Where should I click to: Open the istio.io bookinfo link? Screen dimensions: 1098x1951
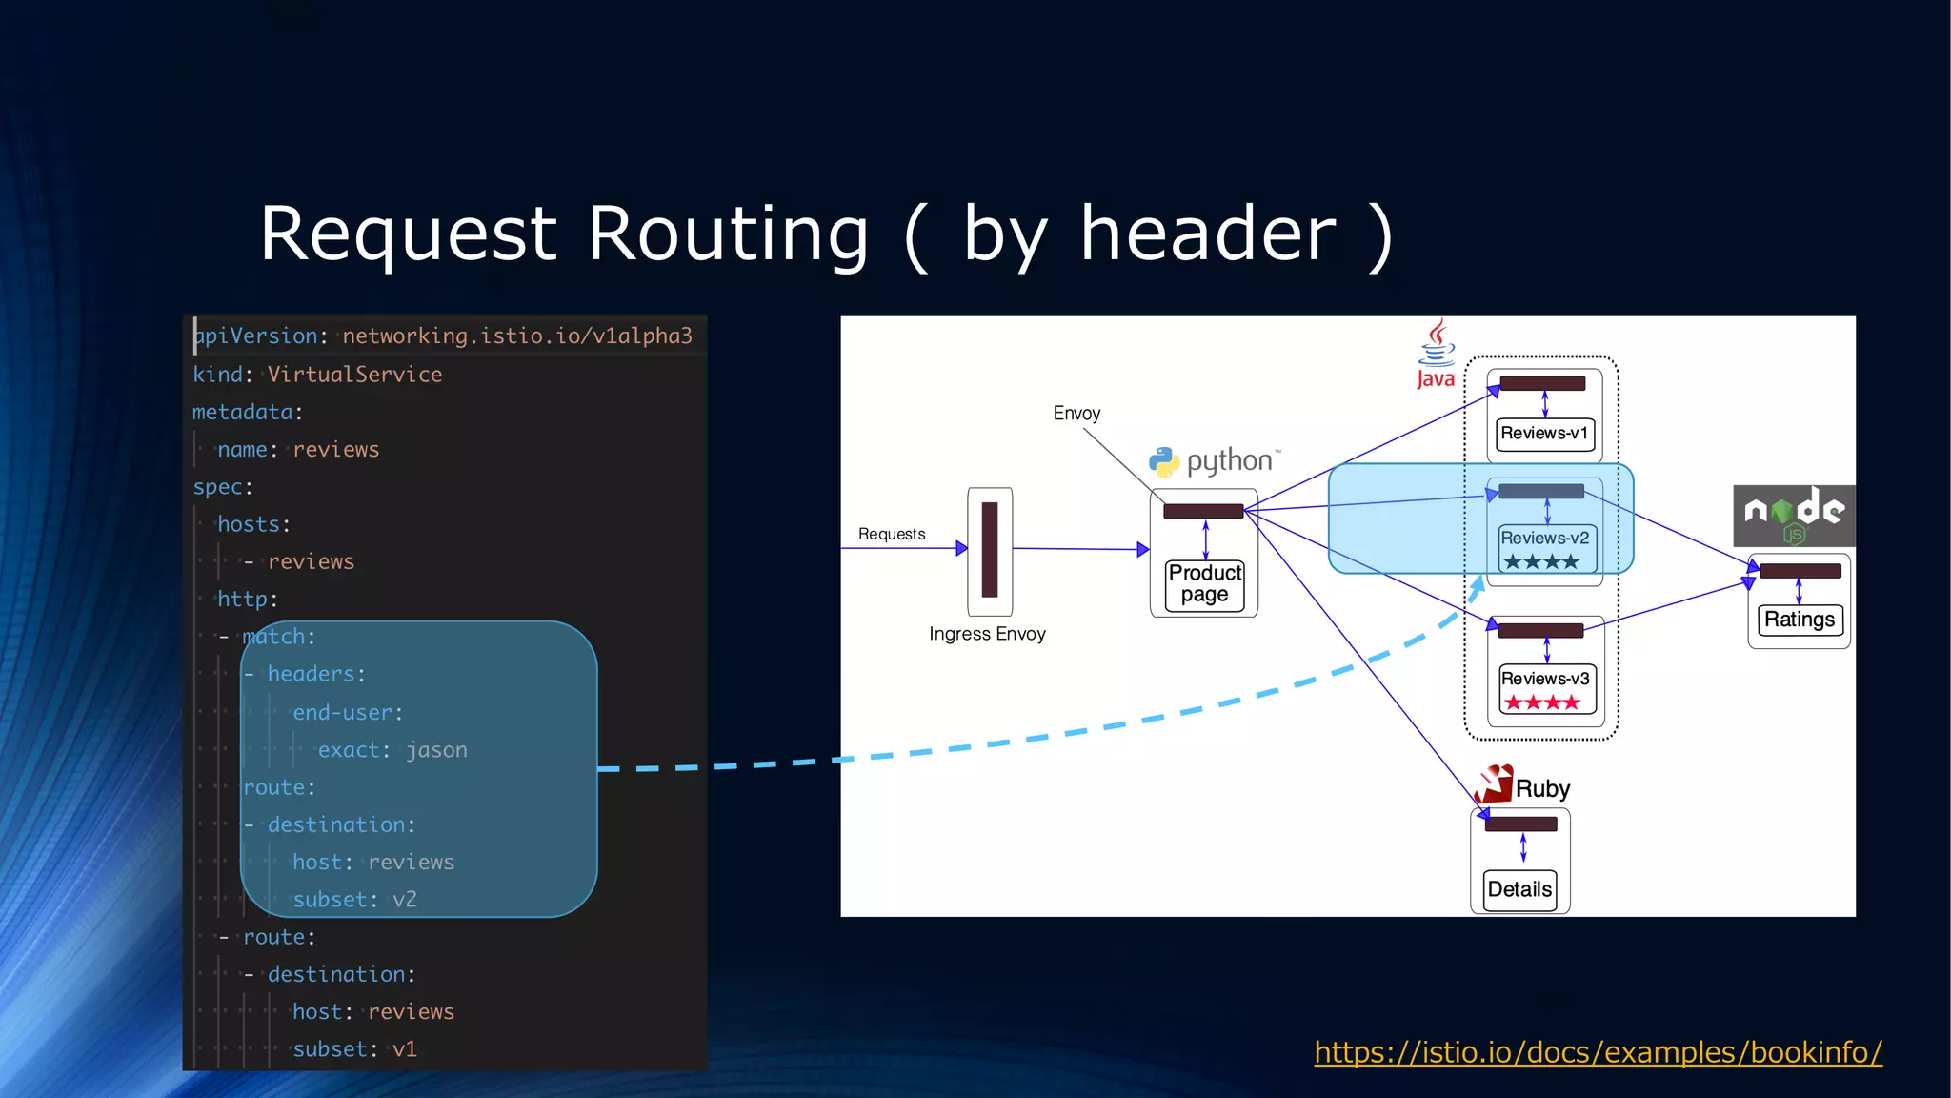[x=1598, y=1052]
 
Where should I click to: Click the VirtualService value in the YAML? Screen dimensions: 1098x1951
[x=354, y=375]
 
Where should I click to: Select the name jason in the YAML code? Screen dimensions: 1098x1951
[x=436, y=750]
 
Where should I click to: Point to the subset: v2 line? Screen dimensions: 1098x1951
[x=354, y=900]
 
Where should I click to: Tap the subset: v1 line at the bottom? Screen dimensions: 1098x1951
[x=354, y=1049]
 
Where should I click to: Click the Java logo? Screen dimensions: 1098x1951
[x=1436, y=355]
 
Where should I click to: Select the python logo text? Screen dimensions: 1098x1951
[x=1229, y=461]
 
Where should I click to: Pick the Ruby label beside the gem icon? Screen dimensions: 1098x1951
[x=1542, y=789]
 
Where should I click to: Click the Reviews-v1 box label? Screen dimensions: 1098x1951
[x=1544, y=434]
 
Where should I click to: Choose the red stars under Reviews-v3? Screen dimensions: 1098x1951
[x=1541, y=703]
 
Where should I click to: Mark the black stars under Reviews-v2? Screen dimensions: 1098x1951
[x=1541, y=562]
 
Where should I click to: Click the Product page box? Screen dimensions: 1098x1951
[x=1205, y=583]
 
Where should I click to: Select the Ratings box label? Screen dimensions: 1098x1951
[x=1799, y=620]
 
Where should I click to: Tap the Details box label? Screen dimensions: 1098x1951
[x=1519, y=889]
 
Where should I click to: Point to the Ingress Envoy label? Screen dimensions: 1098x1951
[x=987, y=634]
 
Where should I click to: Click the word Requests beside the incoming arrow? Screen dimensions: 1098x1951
[x=892, y=534]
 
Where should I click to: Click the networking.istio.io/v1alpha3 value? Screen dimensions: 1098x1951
[x=517, y=336]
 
